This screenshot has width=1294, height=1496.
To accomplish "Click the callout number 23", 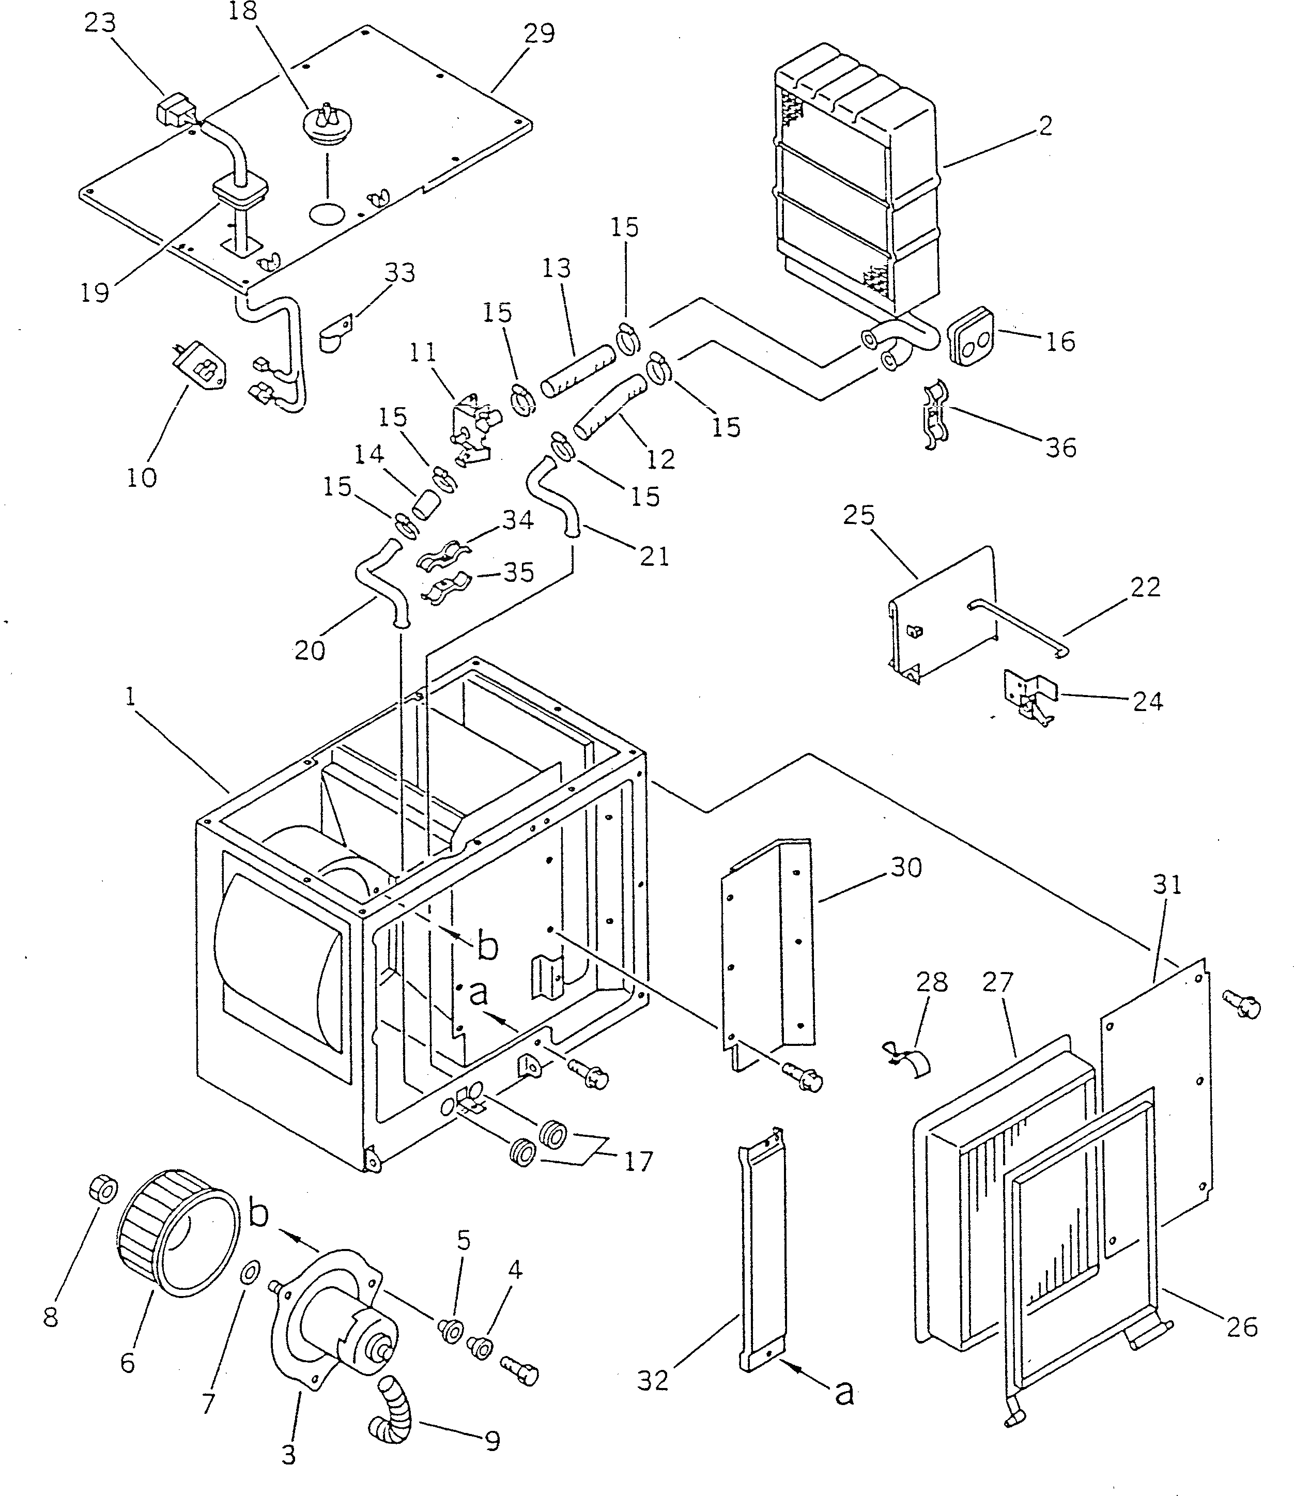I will [100, 23].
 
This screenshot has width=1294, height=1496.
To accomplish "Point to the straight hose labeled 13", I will [578, 369].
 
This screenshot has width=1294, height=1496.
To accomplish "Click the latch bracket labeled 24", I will [1028, 696].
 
